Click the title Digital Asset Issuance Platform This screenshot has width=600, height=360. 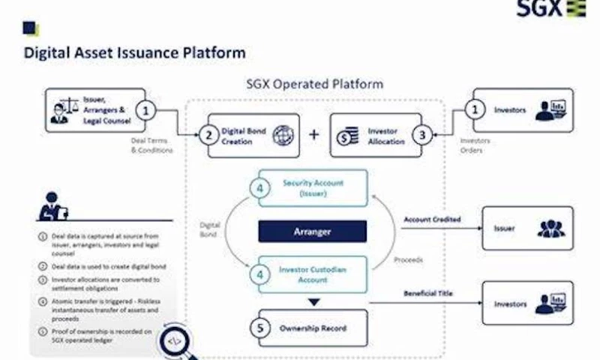click(134, 53)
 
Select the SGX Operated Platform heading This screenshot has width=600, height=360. click(314, 84)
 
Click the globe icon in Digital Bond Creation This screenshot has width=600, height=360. click(283, 136)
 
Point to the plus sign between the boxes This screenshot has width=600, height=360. click(314, 135)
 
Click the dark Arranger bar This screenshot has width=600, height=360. click(312, 231)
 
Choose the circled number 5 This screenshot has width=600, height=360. click(259, 327)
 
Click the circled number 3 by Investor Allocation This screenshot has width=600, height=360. click(424, 136)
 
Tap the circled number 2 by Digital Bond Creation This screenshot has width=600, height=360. click(206, 136)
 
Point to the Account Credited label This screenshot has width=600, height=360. click(431, 220)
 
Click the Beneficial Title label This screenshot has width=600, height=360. click(430, 292)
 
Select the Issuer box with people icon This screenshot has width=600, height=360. click(526, 228)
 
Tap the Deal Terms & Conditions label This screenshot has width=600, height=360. click(151, 145)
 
